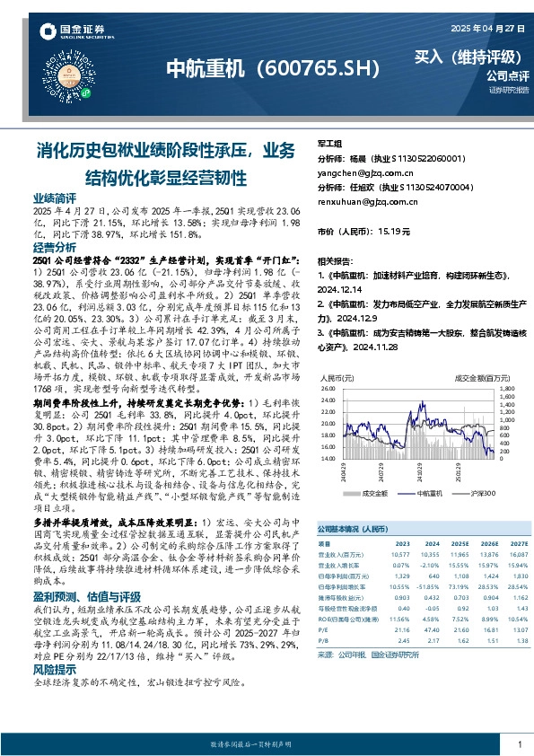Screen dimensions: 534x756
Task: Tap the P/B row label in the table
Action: (x=324, y=639)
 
